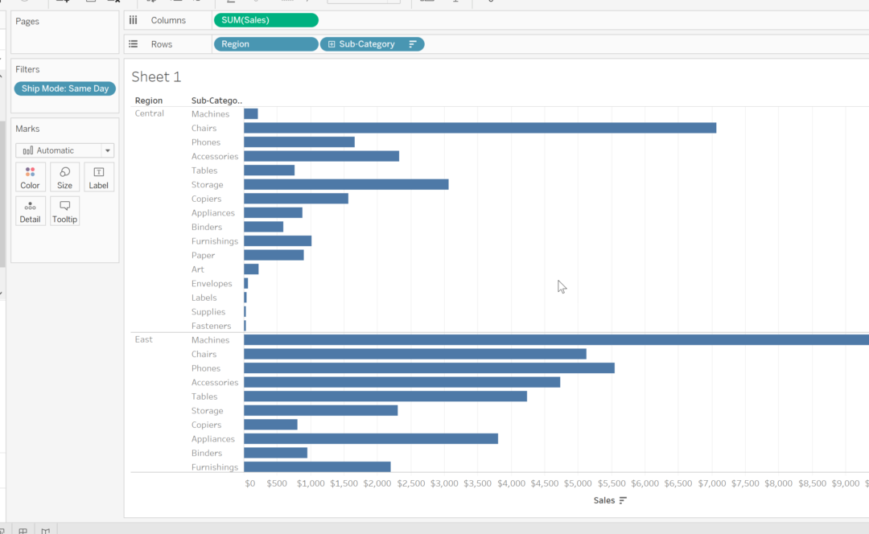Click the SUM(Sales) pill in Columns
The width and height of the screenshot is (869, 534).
(x=266, y=20)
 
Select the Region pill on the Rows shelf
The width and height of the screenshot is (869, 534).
(x=266, y=44)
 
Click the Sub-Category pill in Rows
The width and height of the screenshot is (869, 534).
(x=372, y=44)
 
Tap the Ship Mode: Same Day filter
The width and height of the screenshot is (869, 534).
(x=65, y=88)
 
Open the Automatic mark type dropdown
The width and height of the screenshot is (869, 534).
(x=64, y=150)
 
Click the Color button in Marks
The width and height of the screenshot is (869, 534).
(x=30, y=178)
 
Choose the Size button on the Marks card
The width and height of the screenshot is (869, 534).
(x=64, y=178)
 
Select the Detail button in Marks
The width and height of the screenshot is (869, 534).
(x=30, y=212)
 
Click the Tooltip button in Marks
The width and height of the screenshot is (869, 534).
(x=64, y=212)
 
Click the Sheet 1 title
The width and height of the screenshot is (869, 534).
(x=156, y=77)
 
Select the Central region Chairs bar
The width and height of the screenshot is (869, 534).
(x=480, y=128)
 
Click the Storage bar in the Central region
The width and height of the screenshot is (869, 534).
(x=346, y=184)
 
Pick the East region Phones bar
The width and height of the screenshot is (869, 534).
(x=429, y=368)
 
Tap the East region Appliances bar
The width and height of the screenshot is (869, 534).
(x=370, y=438)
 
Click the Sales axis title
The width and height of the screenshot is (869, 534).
(x=604, y=500)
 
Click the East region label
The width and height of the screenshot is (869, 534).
(x=144, y=339)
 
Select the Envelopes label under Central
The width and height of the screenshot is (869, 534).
(x=212, y=284)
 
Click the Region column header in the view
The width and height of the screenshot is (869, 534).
(x=149, y=101)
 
